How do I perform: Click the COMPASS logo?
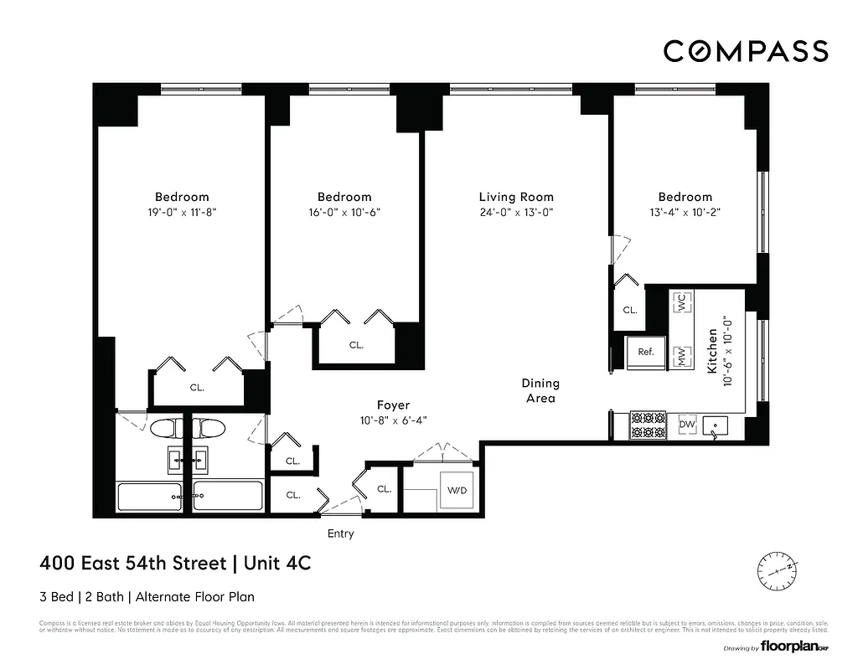[x=746, y=51]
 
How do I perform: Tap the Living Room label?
[x=516, y=197]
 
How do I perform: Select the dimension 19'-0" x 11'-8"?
[x=182, y=213]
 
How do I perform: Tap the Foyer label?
[x=393, y=405]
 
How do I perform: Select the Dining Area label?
[x=540, y=390]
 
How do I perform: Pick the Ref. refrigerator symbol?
[x=646, y=352]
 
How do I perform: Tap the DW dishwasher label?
[x=686, y=425]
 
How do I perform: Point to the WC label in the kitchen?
[x=682, y=302]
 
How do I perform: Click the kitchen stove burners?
[x=646, y=425]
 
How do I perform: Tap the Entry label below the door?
[x=340, y=533]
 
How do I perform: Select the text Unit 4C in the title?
[x=277, y=564]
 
